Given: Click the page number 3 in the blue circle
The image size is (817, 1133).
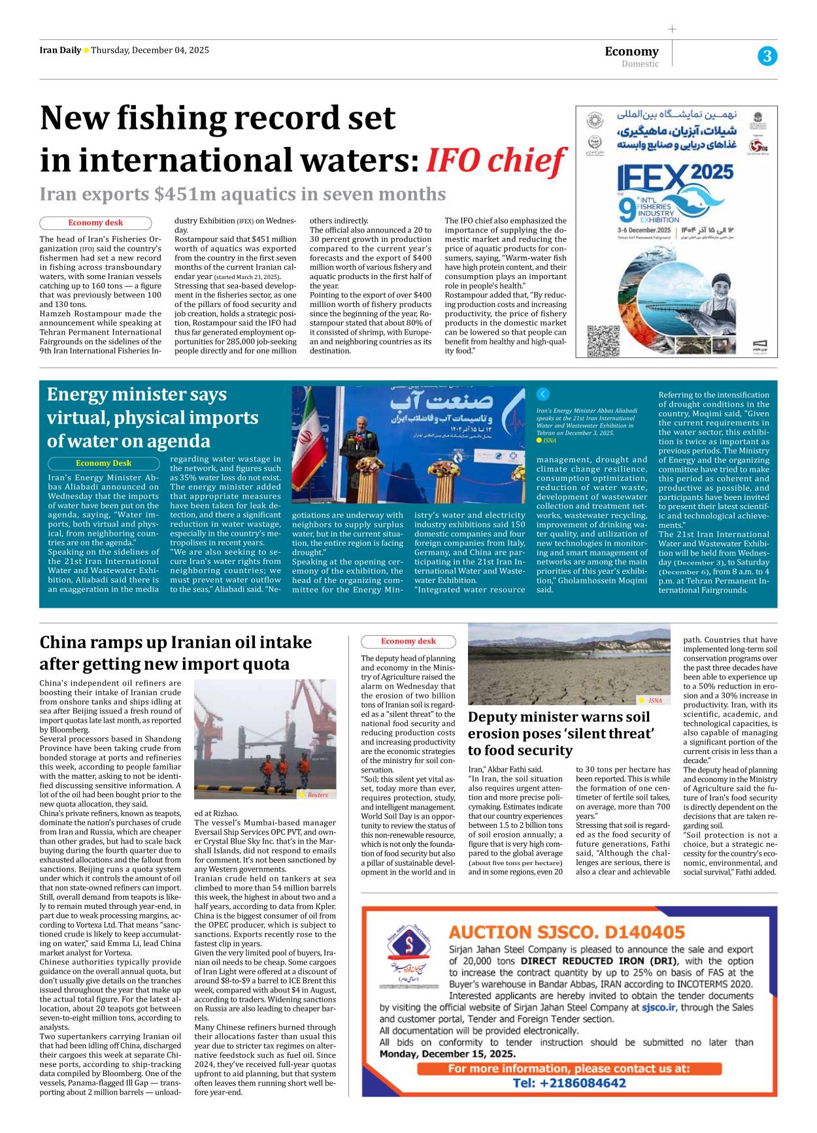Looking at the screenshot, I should [767, 56].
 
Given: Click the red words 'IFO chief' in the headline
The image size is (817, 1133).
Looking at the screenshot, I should [495, 161].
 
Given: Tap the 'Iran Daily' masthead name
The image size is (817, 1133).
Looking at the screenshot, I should [60, 50].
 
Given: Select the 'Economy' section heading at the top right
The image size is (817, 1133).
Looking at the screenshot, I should [631, 52].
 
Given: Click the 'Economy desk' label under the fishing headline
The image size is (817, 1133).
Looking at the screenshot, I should [95, 223].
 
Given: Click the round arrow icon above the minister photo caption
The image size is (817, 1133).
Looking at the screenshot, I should [542, 394].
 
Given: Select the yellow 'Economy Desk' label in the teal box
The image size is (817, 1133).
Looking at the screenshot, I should [103, 463].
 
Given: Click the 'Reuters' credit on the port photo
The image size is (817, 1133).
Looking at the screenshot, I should [318, 795].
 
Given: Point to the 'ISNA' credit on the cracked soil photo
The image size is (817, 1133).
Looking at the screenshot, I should [655, 700].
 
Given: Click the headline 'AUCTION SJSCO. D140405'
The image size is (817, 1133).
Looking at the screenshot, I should [567, 932].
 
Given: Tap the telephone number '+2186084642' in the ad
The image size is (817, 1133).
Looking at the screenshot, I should [569, 1083].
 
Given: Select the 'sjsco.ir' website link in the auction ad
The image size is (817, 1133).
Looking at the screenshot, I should [659, 1008].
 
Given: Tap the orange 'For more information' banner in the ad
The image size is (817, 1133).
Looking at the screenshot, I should [569, 1069].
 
